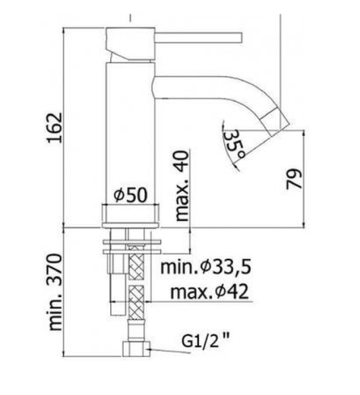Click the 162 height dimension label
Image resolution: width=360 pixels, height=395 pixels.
(x=55, y=128)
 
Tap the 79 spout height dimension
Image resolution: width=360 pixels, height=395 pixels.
(x=294, y=179)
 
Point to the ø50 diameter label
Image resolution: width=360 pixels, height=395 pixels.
(x=131, y=195)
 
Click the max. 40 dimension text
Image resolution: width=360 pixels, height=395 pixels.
(x=182, y=186)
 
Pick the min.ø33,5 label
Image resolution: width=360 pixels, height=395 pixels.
(x=207, y=267)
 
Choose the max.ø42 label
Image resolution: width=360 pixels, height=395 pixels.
(x=210, y=292)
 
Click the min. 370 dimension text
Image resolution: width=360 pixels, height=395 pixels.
(x=55, y=292)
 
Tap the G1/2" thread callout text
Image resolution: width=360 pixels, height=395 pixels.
(x=205, y=341)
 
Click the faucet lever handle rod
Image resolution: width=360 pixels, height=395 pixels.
(x=199, y=37)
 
